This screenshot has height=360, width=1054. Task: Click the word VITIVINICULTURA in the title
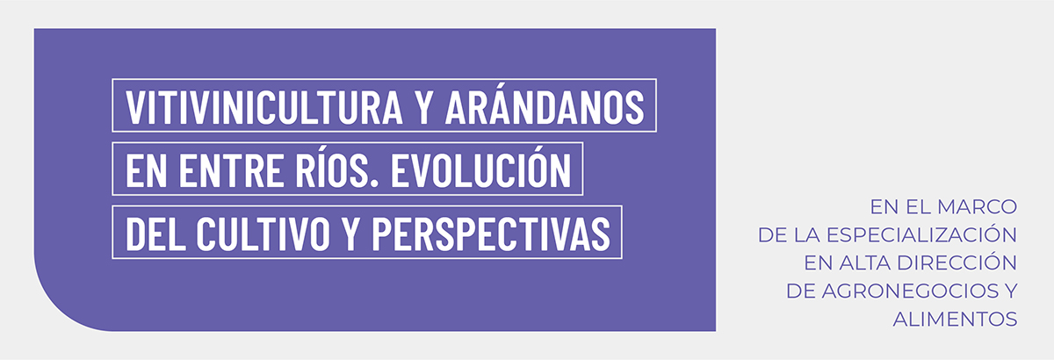(x=264, y=107)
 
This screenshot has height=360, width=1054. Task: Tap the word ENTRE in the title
(x=231, y=170)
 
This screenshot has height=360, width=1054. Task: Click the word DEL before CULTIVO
(x=155, y=234)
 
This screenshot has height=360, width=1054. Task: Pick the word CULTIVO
(x=263, y=234)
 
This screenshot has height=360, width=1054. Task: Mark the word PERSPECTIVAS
(x=491, y=234)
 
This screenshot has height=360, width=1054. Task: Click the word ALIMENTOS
(x=956, y=320)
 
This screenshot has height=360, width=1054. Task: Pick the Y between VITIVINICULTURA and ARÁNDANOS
(x=424, y=107)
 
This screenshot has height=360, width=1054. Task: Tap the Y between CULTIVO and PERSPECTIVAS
(x=350, y=234)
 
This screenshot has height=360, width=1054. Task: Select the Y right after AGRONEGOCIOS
(x=1010, y=292)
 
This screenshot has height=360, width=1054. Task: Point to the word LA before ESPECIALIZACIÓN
(x=806, y=234)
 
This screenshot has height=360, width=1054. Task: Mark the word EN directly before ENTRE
(x=147, y=170)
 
